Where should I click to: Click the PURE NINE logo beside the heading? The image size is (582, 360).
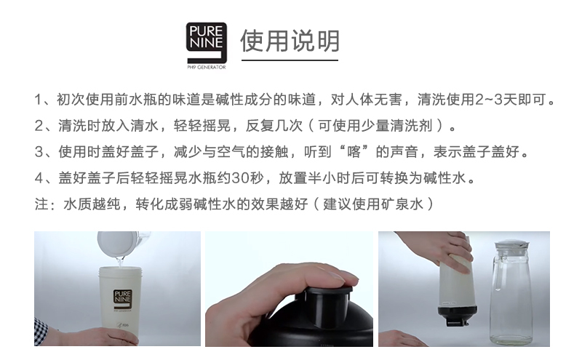coord(207,42)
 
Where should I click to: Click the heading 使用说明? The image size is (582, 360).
coord(290,41)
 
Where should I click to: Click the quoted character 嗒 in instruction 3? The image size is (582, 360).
coord(364,152)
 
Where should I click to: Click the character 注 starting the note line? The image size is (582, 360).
coord(41,204)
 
